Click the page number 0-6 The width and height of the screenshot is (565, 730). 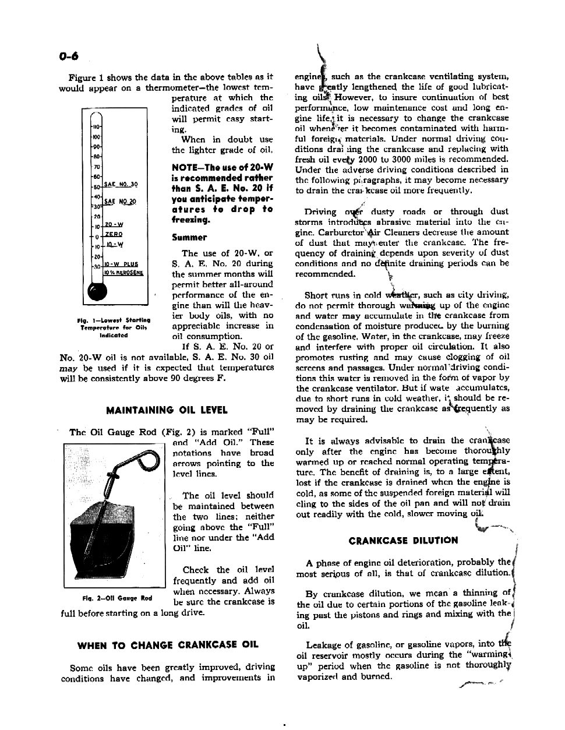69,57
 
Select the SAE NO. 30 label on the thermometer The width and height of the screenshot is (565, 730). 121,184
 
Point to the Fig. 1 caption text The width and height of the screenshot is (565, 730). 114,327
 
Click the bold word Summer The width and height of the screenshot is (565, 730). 189,237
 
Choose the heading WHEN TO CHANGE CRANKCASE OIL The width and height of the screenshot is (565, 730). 168,645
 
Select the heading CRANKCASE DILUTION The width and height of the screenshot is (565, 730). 403,540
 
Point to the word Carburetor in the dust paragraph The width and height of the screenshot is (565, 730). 322,232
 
